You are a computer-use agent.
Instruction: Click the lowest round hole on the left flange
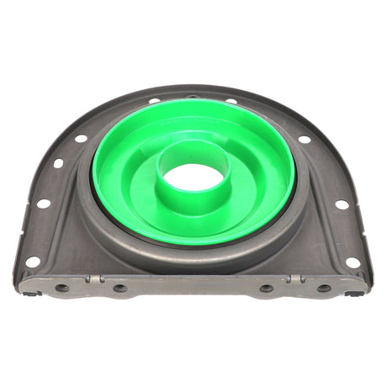click(32, 262)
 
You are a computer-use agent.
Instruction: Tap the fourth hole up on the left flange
click(81, 138)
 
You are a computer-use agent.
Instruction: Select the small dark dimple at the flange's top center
click(192, 96)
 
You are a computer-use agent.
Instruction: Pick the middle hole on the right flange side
click(342, 204)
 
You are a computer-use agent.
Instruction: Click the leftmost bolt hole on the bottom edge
click(62, 288)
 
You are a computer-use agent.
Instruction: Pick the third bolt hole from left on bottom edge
click(267, 288)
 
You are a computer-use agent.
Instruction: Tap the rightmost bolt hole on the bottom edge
click(324, 288)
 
